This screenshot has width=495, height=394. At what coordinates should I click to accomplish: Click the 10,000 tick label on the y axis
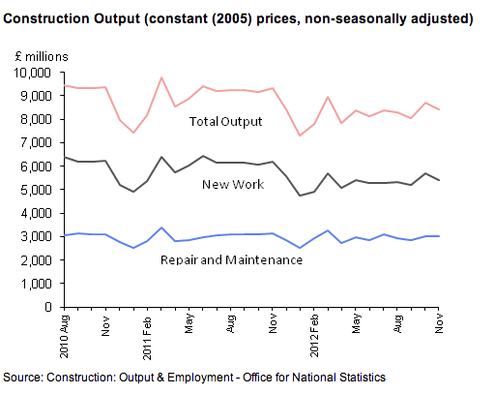[32, 73]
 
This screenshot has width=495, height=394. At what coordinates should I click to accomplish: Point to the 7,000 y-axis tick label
[36, 142]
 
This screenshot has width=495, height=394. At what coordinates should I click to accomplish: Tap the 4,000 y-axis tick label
[36, 213]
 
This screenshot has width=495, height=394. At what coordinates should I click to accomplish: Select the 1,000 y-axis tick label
[36, 284]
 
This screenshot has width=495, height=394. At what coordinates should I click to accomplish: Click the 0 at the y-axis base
[48, 307]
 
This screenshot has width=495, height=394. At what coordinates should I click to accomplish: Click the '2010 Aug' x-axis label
[65, 337]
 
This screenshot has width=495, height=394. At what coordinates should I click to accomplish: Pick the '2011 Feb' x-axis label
[147, 338]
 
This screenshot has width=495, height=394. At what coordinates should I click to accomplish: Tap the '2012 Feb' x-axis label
[314, 336]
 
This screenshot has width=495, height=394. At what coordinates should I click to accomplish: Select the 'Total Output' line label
[225, 122]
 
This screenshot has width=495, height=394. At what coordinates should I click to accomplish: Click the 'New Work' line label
[233, 184]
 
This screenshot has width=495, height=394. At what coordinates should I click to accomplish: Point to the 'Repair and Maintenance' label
[232, 259]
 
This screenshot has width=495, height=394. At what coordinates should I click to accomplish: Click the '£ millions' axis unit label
[42, 57]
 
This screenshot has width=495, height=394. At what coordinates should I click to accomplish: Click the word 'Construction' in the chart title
[46, 18]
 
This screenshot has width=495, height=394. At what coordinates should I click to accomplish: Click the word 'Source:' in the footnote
[23, 378]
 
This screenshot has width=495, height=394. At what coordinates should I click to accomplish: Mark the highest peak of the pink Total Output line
[161, 77]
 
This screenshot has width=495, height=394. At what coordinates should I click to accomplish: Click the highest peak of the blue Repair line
[161, 227]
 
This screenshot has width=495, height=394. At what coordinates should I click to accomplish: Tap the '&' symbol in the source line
[160, 378]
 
